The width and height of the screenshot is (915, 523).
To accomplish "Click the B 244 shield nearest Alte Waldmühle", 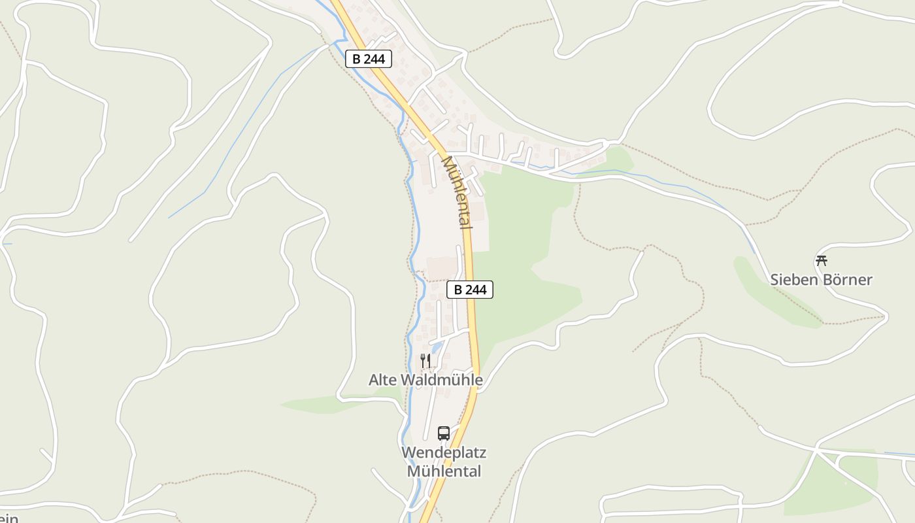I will pos(469,290).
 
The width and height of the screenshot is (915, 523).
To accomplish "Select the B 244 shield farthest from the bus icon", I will pos(368,59).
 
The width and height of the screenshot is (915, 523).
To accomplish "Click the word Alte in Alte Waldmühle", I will pos(383,380).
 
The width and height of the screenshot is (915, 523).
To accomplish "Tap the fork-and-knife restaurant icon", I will pos(425,360).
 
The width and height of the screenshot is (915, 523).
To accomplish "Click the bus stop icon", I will pos(444,433).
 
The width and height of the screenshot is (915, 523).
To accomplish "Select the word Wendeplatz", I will pos(444,452).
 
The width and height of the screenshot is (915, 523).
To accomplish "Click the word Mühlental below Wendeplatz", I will pos(444,471).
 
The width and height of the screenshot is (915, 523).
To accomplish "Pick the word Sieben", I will pos(792,280).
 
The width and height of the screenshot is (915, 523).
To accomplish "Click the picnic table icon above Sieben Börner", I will pos(822,260).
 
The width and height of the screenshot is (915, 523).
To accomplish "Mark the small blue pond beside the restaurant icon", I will pos(436,347).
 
